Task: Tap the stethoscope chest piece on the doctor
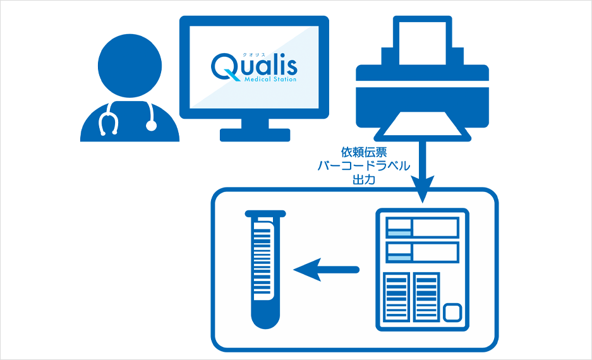(151, 125)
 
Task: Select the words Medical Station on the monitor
(270, 80)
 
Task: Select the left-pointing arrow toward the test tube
(326, 270)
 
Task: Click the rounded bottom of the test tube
(265, 319)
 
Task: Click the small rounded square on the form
(453, 312)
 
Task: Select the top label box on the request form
(422, 227)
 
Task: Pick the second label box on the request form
(422, 253)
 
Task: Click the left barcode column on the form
(397, 297)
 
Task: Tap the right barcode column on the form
(426, 297)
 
